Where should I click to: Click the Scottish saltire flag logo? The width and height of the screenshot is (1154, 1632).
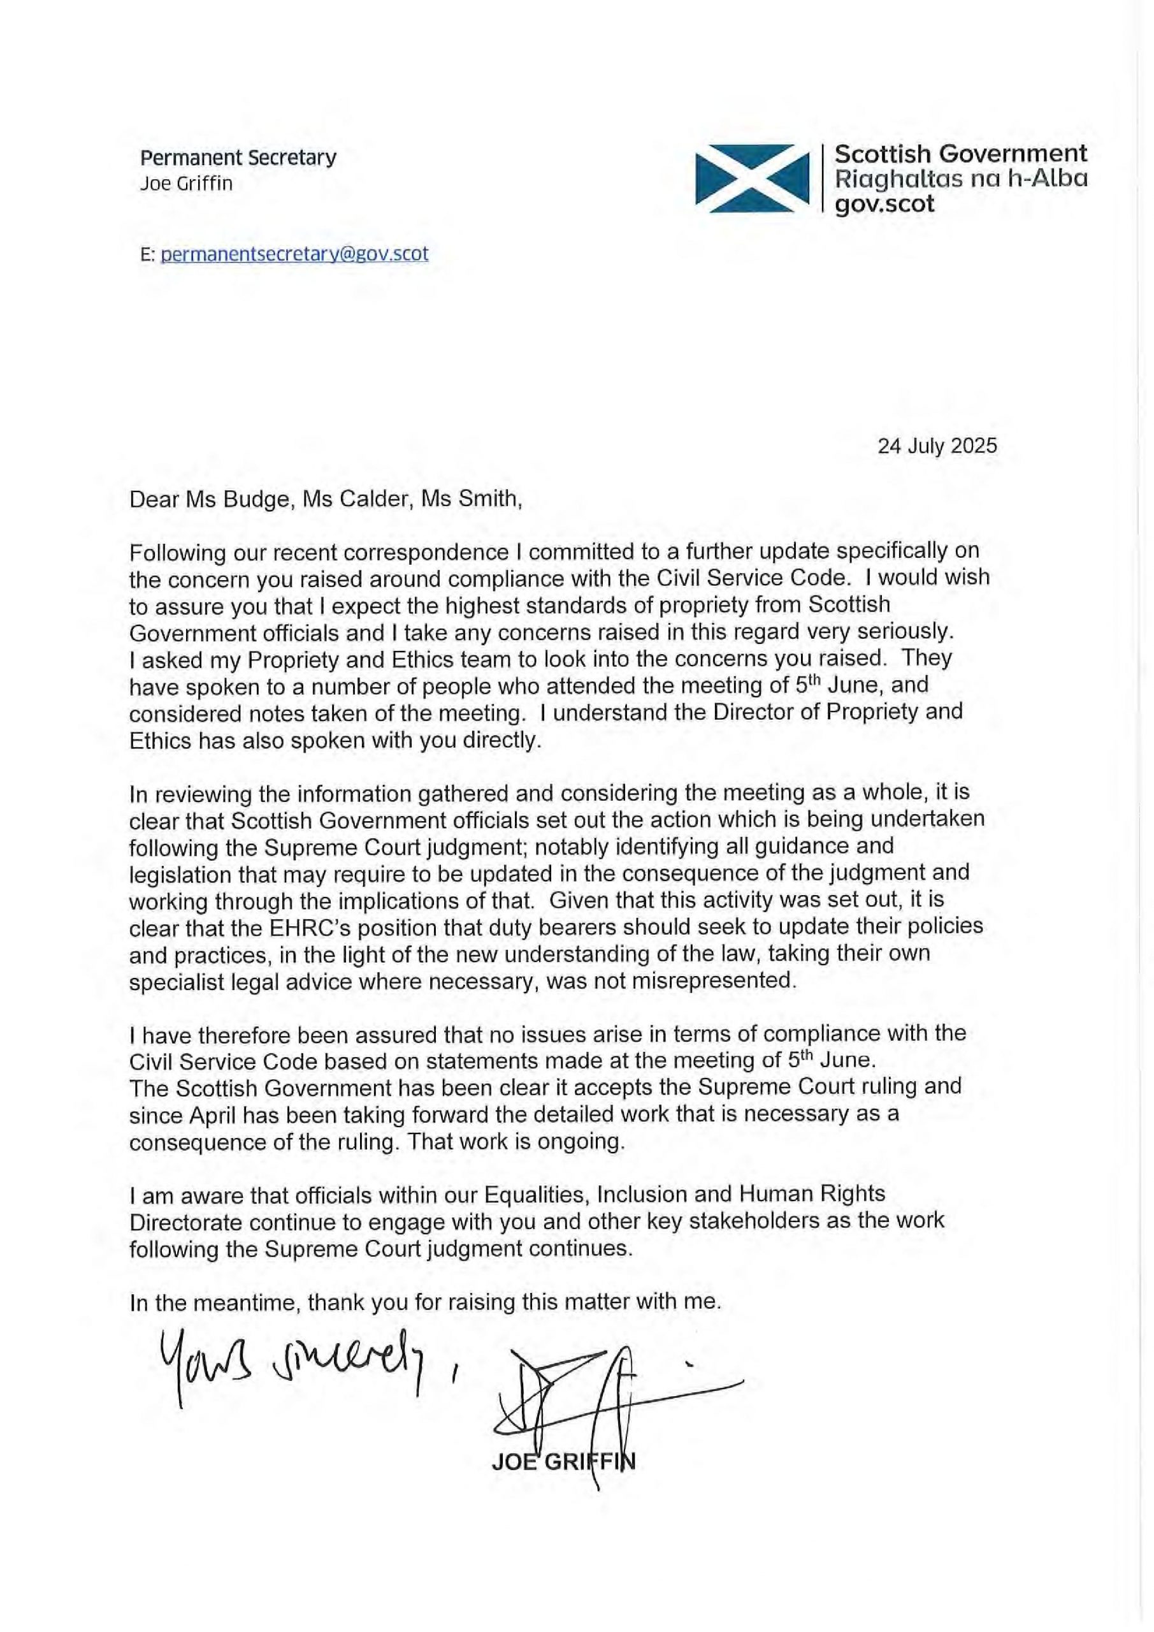pyautogui.click(x=754, y=178)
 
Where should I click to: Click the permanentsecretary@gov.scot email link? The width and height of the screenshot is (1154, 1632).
pyautogui.click(x=294, y=254)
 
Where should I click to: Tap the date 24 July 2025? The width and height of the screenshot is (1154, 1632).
pyautogui.click(x=937, y=446)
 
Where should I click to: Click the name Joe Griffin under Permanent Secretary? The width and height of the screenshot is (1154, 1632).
pyautogui.click(x=186, y=184)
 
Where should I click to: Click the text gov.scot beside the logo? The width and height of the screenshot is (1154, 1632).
pyautogui.click(x=884, y=204)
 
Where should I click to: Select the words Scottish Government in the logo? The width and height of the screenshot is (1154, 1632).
pyautogui.click(x=960, y=154)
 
